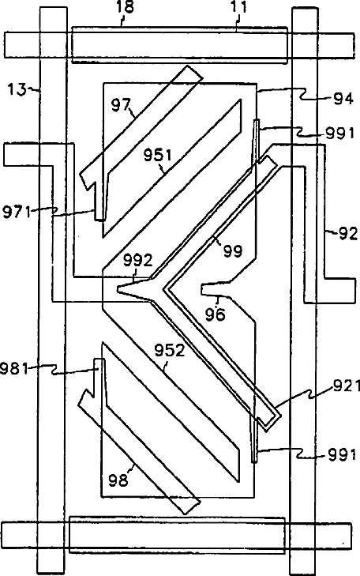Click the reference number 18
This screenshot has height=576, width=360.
(126, 8)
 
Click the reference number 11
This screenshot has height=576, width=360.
(238, 8)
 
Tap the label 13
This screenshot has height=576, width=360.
(17, 89)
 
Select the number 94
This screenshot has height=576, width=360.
(343, 99)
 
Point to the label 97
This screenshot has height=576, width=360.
(121, 105)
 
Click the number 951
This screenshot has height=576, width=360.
(157, 156)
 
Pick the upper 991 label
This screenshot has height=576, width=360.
(341, 134)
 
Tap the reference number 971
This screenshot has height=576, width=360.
(17, 213)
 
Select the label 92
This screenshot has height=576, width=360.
(348, 233)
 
